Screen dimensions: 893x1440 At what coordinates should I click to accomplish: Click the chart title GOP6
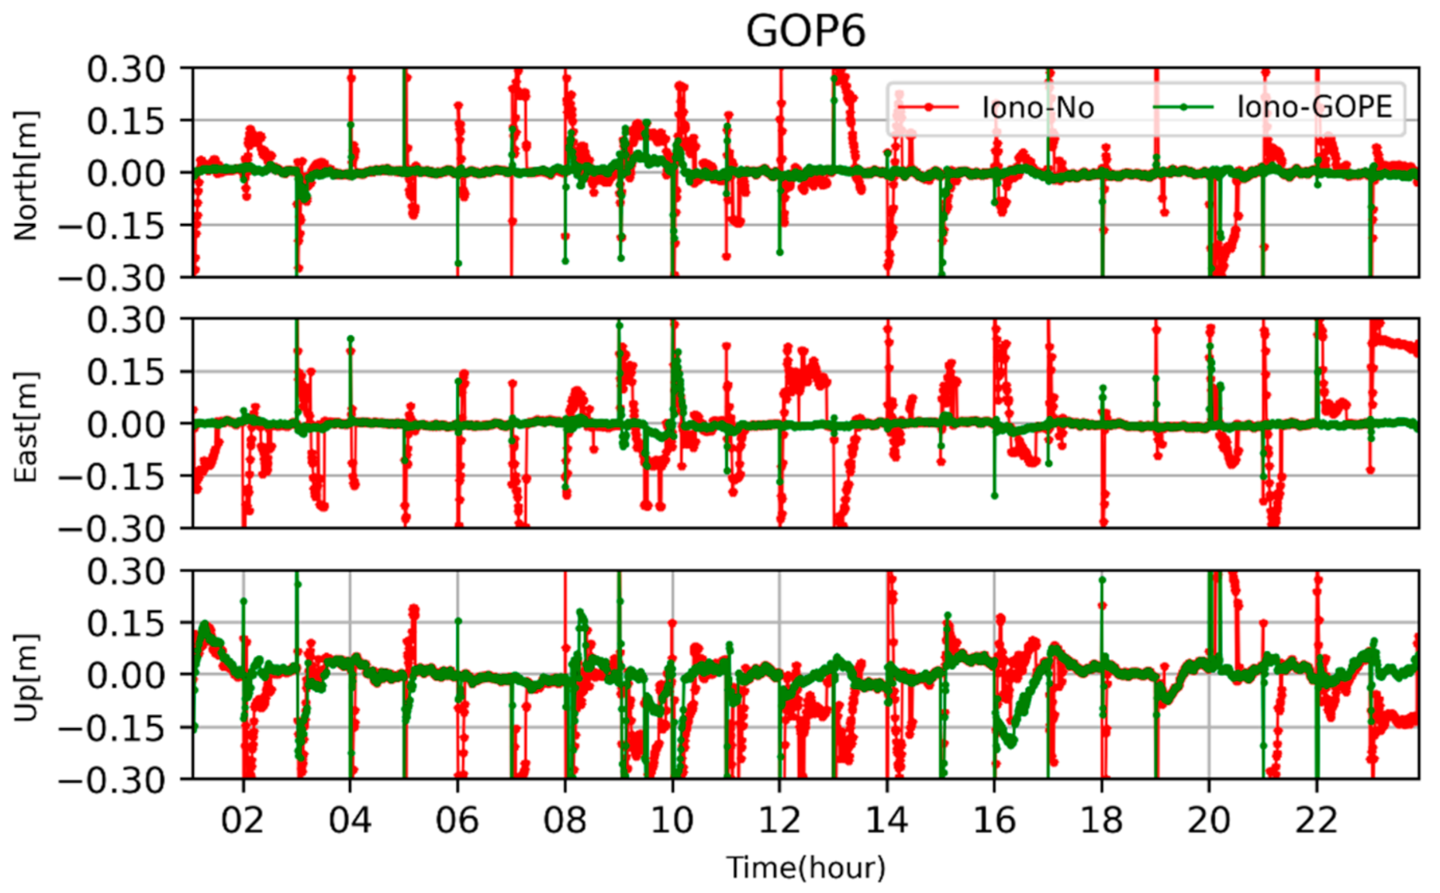tap(805, 32)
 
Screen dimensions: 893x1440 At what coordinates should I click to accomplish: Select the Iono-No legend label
tap(1038, 108)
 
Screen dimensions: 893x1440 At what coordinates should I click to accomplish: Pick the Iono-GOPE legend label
tap(1314, 107)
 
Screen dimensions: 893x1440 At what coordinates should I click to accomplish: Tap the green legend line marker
tap(1183, 108)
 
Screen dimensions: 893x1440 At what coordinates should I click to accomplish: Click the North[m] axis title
tap(26, 175)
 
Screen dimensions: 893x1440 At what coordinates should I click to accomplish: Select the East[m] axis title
tap(26, 426)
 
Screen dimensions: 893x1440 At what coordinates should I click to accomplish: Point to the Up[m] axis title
tap(26, 677)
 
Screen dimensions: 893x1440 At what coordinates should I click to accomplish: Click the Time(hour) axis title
tap(806, 867)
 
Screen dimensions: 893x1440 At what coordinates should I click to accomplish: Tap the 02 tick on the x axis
tap(243, 820)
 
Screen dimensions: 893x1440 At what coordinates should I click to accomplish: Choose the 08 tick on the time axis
tap(565, 820)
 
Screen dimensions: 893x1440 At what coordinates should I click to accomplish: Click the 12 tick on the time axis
tap(779, 820)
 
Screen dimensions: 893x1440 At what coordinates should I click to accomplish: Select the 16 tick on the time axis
tap(994, 820)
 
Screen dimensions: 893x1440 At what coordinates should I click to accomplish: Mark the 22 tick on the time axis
tap(1316, 820)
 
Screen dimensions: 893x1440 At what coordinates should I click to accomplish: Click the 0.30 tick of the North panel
tap(126, 70)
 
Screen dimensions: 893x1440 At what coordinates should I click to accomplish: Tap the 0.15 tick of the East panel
tap(126, 373)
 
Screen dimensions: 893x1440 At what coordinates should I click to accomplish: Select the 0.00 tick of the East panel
tap(126, 425)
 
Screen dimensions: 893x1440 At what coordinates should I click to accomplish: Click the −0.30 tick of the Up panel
tap(112, 780)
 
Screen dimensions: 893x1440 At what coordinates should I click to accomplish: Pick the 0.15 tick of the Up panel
tap(126, 624)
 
